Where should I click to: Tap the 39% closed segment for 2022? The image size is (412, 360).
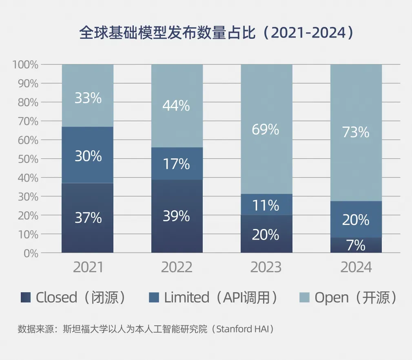point(177,216)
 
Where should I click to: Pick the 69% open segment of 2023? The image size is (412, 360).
point(266,129)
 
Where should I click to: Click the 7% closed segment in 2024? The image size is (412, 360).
point(356,245)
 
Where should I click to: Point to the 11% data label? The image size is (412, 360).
point(266,205)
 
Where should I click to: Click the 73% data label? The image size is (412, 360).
point(356,132)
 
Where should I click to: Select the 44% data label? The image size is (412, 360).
point(176,106)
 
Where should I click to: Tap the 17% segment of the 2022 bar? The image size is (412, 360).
point(177,164)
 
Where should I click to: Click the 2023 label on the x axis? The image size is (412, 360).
point(266,267)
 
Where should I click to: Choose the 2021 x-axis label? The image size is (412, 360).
point(88,267)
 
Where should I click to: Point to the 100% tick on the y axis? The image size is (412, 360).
point(25,64)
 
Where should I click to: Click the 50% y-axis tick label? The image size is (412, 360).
point(28,159)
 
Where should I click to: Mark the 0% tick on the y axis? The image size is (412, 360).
point(30,253)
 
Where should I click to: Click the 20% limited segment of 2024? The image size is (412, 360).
point(356,220)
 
